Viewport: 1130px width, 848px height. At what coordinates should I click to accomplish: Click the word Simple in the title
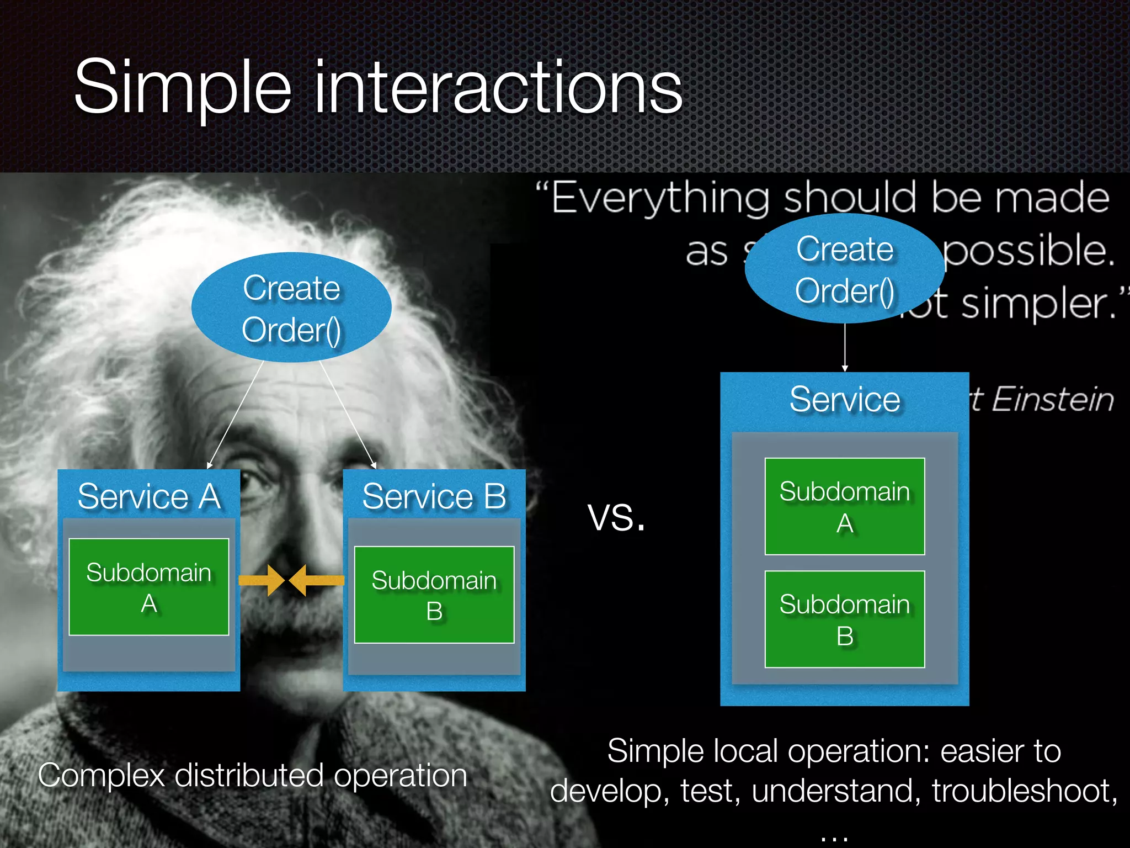click(x=182, y=88)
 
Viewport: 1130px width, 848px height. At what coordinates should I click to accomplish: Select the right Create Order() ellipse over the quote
click(x=844, y=269)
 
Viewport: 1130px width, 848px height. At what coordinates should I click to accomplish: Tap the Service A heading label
click(x=149, y=496)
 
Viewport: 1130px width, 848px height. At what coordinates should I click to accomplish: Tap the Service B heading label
click(x=434, y=496)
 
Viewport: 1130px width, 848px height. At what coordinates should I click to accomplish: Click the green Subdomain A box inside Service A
click(x=149, y=587)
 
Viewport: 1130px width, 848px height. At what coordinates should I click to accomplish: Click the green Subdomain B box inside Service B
click(x=434, y=595)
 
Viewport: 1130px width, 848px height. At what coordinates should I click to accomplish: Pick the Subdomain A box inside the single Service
click(x=844, y=506)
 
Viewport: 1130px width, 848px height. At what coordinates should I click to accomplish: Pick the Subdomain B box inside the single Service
click(x=844, y=619)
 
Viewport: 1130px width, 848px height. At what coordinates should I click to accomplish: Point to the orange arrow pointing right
click(x=262, y=580)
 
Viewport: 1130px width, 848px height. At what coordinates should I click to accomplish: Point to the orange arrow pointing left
click(x=316, y=580)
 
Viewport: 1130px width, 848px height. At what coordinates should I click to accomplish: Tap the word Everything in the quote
click(x=660, y=198)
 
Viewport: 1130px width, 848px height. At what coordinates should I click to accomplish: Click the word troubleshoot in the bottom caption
click(x=1024, y=791)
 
